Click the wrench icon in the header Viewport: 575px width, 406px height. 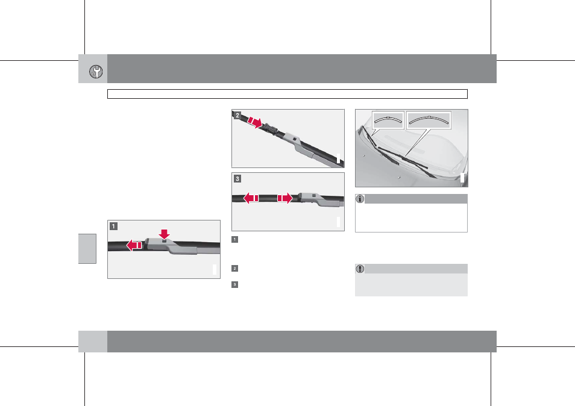coord(96,72)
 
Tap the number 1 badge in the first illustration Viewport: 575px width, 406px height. coord(114,226)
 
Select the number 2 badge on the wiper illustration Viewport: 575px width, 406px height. coord(237,116)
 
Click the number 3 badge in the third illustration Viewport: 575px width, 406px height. coord(237,178)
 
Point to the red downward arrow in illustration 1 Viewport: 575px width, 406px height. coord(165,234)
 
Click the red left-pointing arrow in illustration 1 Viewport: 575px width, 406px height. coord(134,245)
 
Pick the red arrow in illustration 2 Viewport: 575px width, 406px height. coord(255,122)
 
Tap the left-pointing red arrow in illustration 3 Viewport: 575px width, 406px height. coord(251,198)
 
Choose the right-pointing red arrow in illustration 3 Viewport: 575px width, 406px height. coord(285,198)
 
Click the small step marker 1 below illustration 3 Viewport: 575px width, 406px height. coord(234,240)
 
